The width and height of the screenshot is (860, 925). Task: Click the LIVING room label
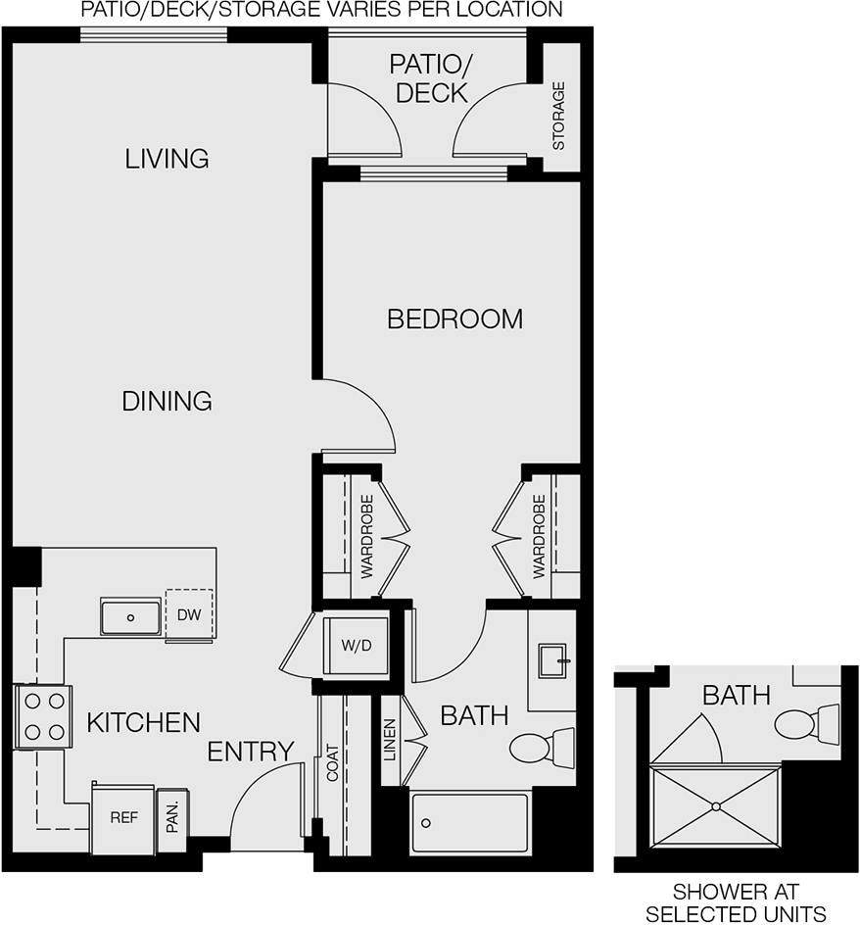167,158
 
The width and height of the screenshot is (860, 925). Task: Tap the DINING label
167,401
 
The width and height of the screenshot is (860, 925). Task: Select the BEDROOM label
454,318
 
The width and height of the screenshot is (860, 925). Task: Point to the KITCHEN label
143,723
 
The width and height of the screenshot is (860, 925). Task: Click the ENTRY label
251,752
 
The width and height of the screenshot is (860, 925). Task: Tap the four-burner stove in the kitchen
43,716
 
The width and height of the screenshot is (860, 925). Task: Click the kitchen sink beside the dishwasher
130,616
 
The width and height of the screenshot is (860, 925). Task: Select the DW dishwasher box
188,614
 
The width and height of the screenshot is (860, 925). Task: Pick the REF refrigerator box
122,817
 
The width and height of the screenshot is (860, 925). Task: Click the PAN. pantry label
172,819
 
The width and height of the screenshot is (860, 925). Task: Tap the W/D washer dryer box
355,645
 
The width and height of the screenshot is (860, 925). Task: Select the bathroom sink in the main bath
555,660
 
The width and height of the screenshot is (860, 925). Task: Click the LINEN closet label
390,740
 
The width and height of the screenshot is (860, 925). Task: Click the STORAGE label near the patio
559,116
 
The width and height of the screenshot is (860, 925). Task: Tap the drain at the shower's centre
716,805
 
